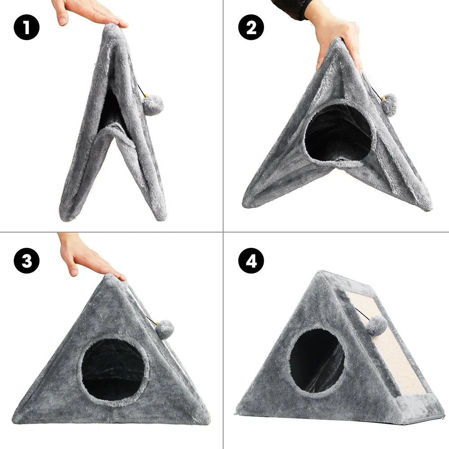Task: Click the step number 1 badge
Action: [x=26, y=27]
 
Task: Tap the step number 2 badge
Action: [x=251, y=27]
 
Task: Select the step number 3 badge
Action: [x=26, y=260]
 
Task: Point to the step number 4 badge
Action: [x=251, y=260]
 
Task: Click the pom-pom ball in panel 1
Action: [x=153, y=105]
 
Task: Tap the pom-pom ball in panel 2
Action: [x=389, y=105]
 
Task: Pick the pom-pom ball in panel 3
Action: [x=165, y=330]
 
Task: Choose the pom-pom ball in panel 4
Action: [x=377, y=326]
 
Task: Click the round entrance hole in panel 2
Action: [x=338, y=132]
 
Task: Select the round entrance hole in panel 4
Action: [x=317, y=361]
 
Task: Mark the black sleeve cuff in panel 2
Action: [x=292, y=9]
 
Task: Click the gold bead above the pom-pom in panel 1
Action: [x=146, y=95]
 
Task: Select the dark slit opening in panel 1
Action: [x=110, y=110]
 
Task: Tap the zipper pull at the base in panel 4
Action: [x=235, y=414]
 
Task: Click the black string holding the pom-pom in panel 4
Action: [x=362, y=314]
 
